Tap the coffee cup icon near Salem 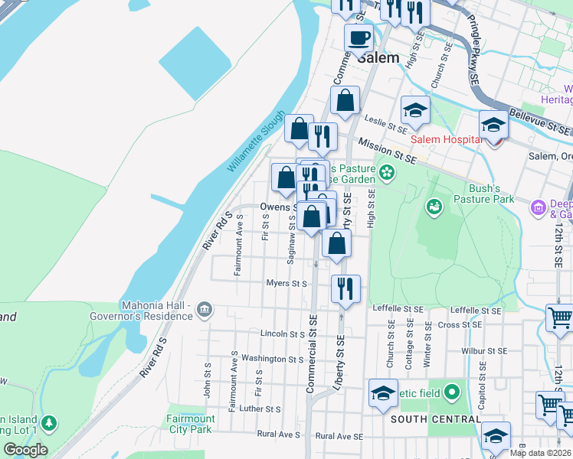(x=358, y=37)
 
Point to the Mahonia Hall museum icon (x=205, y=310)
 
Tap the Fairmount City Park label (x=191, y=424)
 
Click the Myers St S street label (x=286, y=283)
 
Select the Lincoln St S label (x=283, y=334)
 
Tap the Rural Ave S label (x=279, y=435)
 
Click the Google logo (x=25, y=450)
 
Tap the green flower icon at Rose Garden (x=388, y=171)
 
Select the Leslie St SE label (x=384, y=120)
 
